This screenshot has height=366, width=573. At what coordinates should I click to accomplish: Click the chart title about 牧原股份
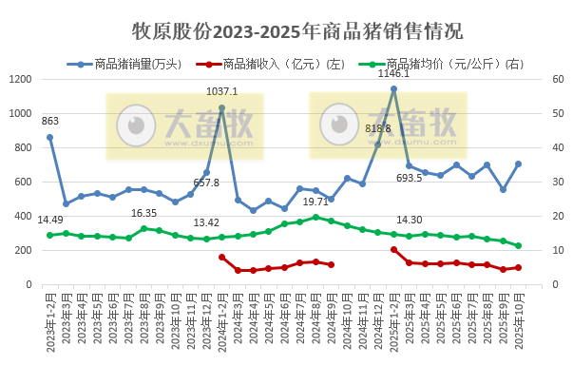point(286,31)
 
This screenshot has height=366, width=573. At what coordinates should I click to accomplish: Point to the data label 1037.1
point(222,92)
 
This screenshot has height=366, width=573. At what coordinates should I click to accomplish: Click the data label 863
point(50,121)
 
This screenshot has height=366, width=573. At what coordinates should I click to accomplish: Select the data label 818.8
point(378,128)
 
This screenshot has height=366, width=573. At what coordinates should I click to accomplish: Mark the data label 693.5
point(409,178)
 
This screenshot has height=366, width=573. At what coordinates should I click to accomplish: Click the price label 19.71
point(315,202)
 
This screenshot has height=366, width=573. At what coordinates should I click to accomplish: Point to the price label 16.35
point(143,213)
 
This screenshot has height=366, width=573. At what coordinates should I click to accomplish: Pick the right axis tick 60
point(560,79)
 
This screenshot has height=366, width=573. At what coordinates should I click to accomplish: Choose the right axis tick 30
point(560,182)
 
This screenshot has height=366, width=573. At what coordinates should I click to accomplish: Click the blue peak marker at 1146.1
point(393,88)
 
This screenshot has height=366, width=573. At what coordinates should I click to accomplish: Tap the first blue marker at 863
point(49,137)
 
